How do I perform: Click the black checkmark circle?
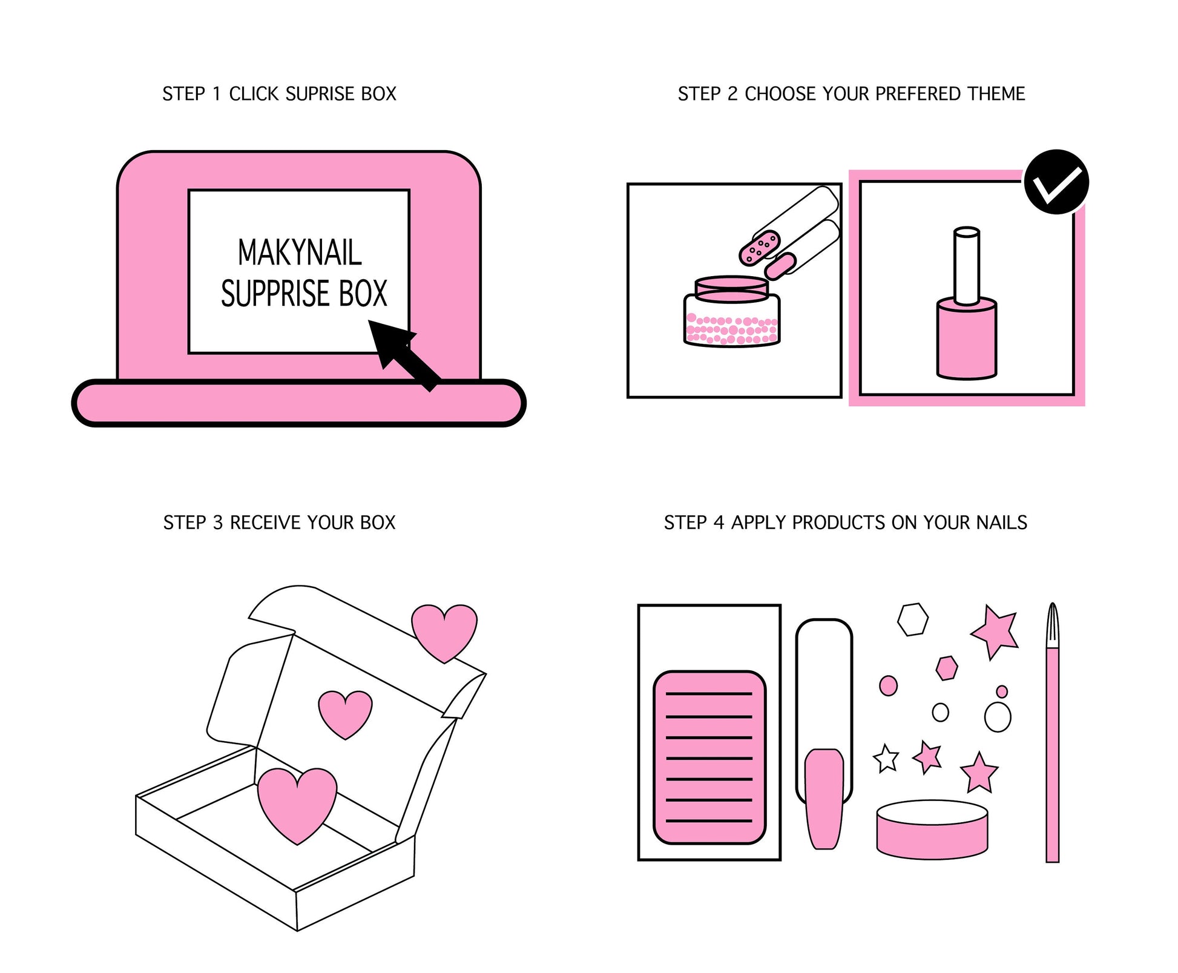pos(1056,182)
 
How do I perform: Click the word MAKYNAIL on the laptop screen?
pos(299,252)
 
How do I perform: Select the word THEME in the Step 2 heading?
pos(996,94)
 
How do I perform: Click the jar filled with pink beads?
pos(732,315)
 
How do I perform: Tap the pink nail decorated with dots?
pos(759,247)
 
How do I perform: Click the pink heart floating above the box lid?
pos(444,631)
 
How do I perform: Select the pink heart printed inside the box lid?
pos(345,713)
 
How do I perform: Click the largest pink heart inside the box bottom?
pos(297,803)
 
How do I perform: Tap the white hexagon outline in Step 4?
pos(912,619)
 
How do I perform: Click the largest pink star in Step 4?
pos(996,630)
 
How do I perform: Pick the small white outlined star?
pos(886,759)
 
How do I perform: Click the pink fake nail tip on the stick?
pos(824,798)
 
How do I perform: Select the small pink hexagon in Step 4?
pos(946,668)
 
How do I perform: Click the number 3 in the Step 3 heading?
pos(218,523)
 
